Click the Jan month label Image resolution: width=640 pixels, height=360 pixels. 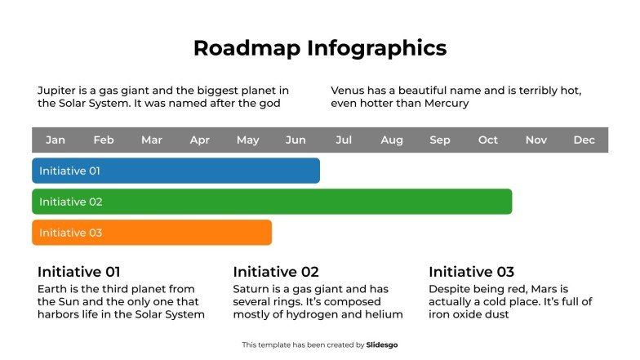coord(56,140)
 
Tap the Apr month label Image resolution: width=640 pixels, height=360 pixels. coord(199,140)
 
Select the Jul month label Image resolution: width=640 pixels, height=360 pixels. coord(344,140)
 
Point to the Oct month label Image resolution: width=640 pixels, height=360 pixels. coord(488,140)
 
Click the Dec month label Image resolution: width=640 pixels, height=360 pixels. coord(584,140)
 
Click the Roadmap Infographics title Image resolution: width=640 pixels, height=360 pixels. coord(320,48)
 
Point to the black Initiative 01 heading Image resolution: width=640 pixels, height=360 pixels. coord(79,272)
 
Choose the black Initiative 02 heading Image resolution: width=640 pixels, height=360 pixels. coord(276,272)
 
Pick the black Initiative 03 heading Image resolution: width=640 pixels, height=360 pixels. coord(472,272)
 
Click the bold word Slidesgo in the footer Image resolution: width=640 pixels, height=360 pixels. coord(382,345)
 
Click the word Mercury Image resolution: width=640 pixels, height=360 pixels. coord(445,104)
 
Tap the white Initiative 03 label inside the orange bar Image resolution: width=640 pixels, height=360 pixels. coord(70,233)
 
